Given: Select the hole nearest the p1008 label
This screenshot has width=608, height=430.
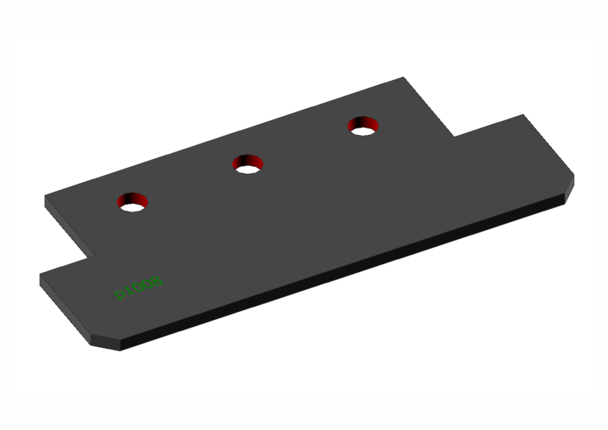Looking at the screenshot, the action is [132, 202].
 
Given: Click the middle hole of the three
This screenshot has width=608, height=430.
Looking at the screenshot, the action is [248, 164].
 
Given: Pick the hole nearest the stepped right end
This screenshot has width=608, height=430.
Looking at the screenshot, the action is [363, 126].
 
